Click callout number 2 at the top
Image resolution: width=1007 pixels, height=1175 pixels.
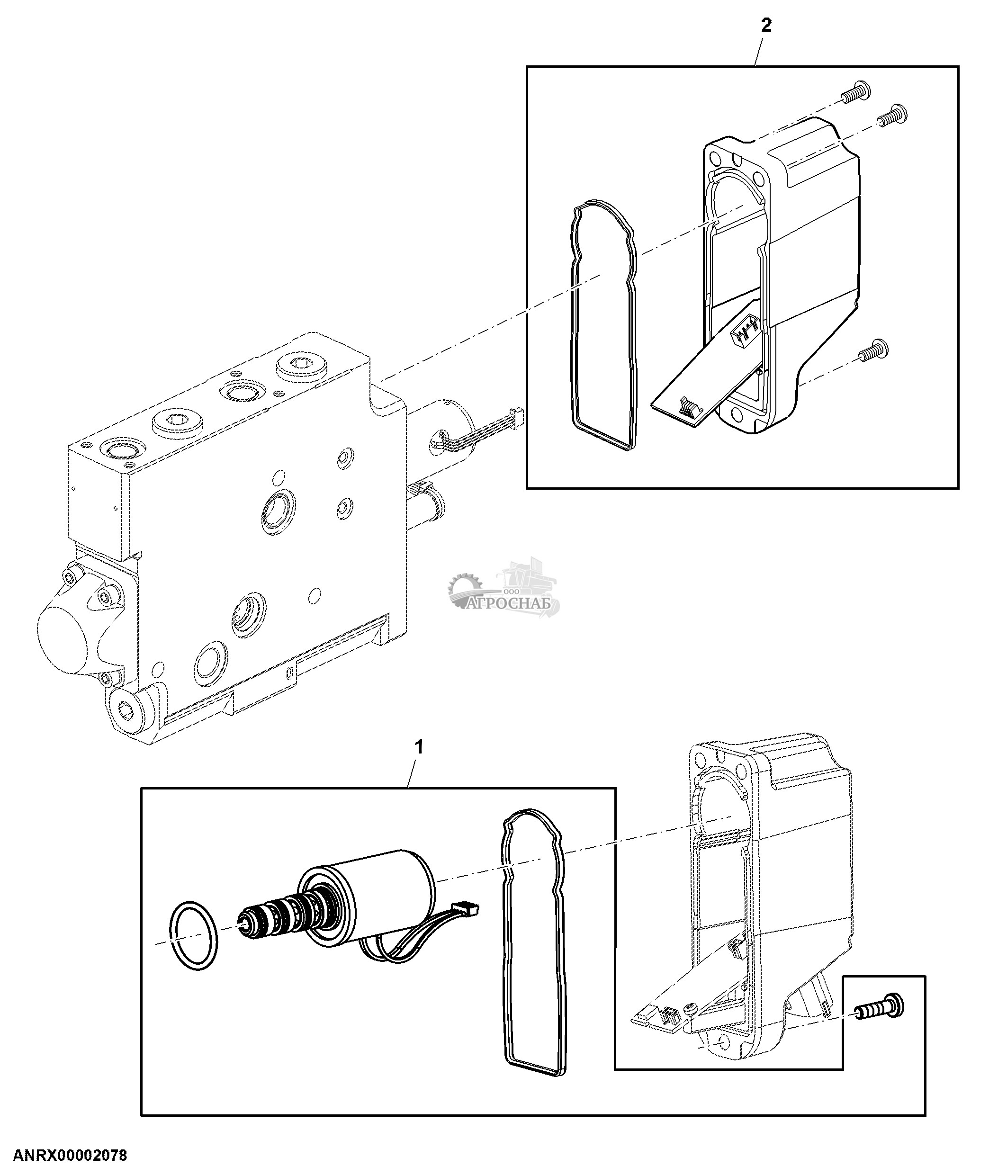[766, 26]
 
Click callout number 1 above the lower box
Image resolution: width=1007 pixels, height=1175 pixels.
[419, 748]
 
